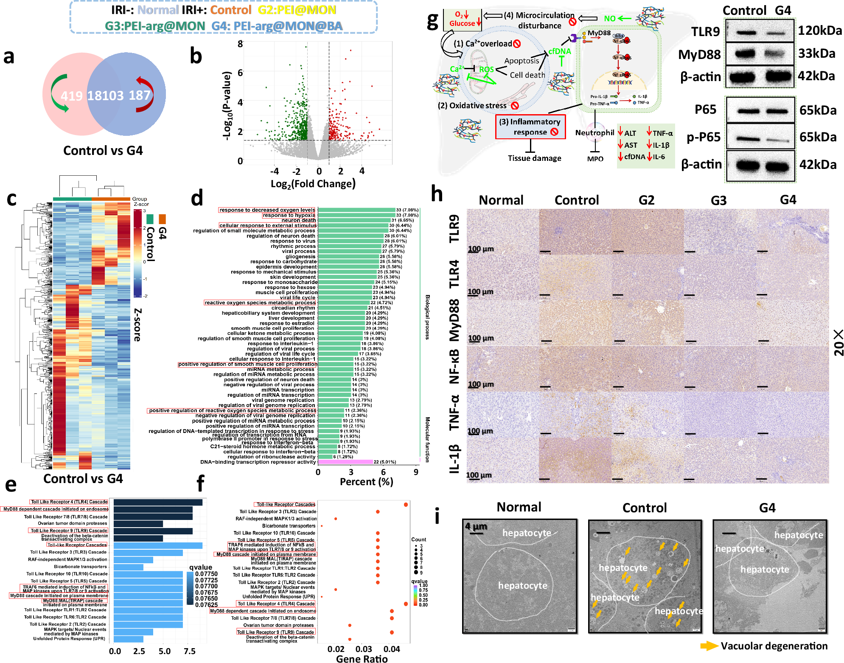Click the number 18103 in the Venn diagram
(105, 96)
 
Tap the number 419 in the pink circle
(71, 96)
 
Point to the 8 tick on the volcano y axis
(240, 44)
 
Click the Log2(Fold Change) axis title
(313, 184)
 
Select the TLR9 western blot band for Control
(746, 32)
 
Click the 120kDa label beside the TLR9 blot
(819, 31)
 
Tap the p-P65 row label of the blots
(704, 137)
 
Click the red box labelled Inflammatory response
(530, 127)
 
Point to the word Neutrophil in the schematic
(594, 133)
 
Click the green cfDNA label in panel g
(559, 51)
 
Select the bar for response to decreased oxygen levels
(356, 210)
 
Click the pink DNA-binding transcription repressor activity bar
(345, 462)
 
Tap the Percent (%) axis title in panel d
(366, 482)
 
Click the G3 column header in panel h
(718, 200)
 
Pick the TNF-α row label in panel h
(454, 413)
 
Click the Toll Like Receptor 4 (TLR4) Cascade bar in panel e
(157, 502)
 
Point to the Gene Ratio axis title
(362, 658)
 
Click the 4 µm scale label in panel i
(476, 526)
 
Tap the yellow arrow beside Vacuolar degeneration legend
(709, 646)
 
